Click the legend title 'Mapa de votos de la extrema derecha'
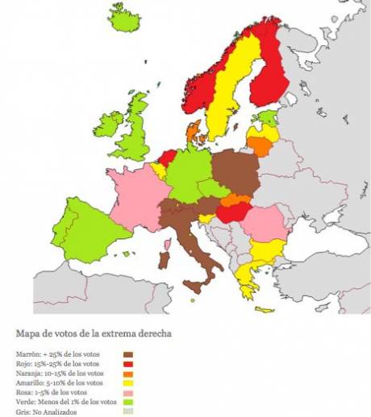pyautogui.click(x=81, y=331)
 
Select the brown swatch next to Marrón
pyautogui.click(x=128, y=353)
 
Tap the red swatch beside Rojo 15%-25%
pyautogui.click(x=128, y=362)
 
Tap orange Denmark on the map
pyautogui.click(x=194, y=133)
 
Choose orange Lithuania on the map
pyautogui.click(x=259, y=145)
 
